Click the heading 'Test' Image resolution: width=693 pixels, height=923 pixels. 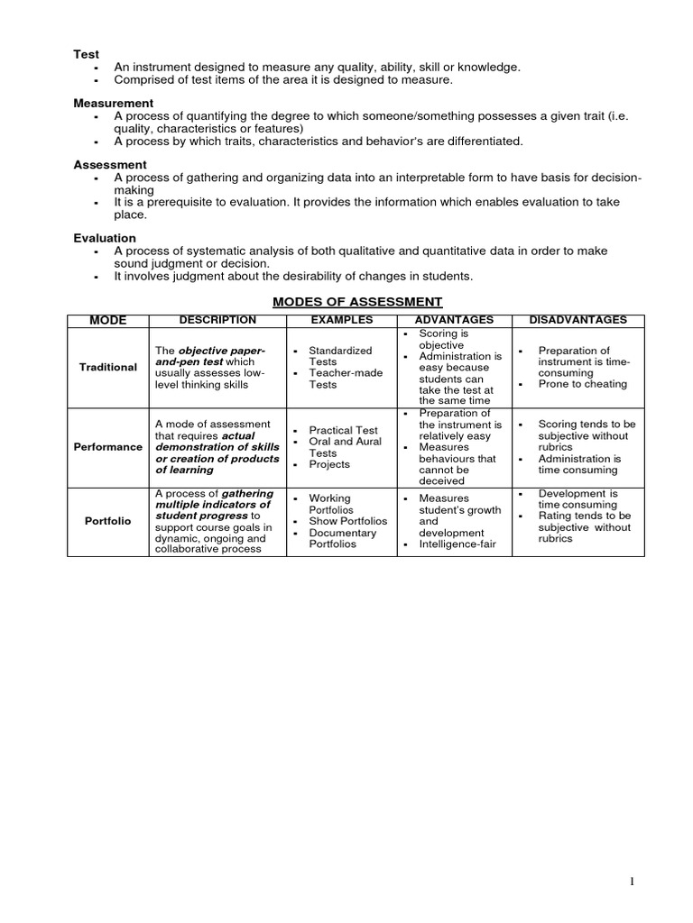point(86,54)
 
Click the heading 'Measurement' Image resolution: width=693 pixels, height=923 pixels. point(113,103)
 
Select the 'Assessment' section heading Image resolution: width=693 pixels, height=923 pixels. point(109,165)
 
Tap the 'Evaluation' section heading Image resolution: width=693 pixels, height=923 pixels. point(104,238)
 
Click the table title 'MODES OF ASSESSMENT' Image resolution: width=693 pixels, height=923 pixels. point(356,302)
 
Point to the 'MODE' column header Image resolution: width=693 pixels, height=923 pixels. point(107,321)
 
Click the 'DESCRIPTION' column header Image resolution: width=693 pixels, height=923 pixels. point(217,320)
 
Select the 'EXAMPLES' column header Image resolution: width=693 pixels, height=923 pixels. point(341,320)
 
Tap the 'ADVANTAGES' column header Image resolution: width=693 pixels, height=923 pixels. point(454,320)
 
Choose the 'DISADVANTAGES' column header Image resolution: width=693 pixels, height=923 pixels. point(577,320)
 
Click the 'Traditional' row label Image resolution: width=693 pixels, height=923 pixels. point(108,368)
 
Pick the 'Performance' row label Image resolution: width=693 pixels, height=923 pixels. point(108,447)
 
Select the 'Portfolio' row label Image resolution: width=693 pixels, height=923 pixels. point(108,522)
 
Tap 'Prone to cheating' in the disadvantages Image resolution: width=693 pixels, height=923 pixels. point(582,384)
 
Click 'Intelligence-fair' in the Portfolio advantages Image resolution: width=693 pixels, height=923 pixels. point(457,544)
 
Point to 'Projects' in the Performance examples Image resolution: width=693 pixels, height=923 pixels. point(328,465)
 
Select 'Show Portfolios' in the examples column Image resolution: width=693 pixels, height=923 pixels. point(347,521)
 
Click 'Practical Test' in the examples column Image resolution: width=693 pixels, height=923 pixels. point(343,431)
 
